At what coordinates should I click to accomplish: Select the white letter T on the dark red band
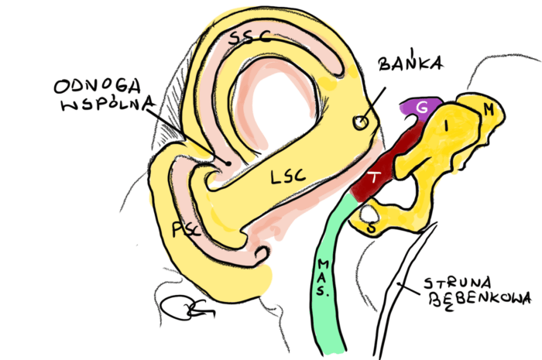[x=374, y=177]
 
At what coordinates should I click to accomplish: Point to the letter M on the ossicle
[x=488, y=110]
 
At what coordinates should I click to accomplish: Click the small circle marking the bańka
[x=360, y=122]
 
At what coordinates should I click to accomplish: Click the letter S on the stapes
[x=372, y=229]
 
